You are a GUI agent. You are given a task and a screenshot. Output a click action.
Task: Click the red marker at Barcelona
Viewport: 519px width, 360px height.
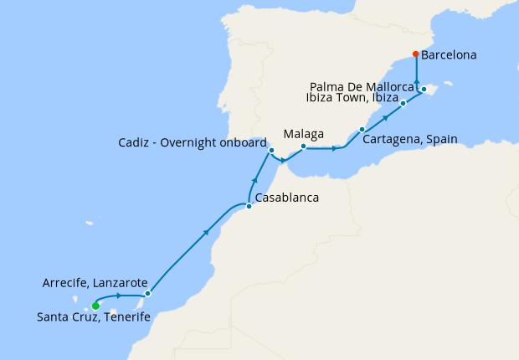click(x=416, y=55)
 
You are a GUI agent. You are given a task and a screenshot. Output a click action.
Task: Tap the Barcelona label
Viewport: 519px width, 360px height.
click(x=449, y=56)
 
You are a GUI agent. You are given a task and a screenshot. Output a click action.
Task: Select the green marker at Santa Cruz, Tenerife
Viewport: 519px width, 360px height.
click(x=95, y=306)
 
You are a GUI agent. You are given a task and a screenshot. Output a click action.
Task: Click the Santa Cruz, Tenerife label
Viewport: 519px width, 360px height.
click(x=95, y=317)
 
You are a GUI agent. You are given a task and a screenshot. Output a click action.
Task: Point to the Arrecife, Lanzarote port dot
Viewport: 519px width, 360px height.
click(x=147, y=294)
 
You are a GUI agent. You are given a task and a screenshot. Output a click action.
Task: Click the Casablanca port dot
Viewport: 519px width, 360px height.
click(x=249, y=206)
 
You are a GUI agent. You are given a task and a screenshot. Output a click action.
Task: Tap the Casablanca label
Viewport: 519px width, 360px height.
click(x=286, y=199)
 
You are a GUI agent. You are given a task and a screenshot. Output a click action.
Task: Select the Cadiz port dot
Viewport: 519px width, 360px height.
click(x=271, y=151)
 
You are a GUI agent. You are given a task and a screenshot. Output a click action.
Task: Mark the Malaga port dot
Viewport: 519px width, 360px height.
click(x=303, y=147)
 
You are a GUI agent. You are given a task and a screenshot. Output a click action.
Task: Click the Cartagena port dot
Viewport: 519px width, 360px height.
click(x=362, y=129)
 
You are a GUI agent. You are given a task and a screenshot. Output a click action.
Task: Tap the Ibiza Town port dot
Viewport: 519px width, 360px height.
click(x=403, y=103)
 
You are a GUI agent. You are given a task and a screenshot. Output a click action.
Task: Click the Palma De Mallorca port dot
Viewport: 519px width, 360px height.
click(x=424, y=89)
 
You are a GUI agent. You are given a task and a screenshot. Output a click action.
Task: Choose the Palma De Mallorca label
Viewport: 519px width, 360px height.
click(x=362, y=85)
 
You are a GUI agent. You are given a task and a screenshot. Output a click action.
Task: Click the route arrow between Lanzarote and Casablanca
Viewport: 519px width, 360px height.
click(x=206, y=234)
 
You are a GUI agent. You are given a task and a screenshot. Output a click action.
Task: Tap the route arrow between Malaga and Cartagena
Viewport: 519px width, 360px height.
click(x=336, y=149)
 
